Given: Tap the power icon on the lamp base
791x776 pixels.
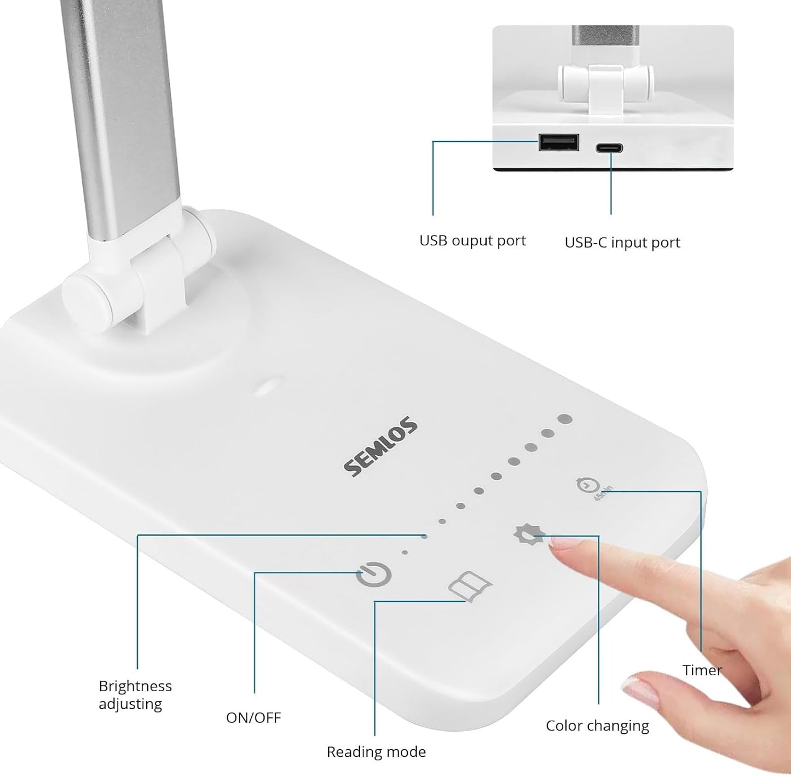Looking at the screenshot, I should click(374, 575).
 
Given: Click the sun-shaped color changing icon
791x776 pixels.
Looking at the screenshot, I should click(529, 534).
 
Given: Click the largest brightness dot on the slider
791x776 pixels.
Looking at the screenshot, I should click(565, 419).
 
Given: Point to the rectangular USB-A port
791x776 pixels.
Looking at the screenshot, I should click(559, 142).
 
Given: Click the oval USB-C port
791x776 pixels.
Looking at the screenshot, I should click(610, 148).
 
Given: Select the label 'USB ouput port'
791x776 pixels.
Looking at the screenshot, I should click(472, 241).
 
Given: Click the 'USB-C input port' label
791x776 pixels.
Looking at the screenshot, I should click(622, 243).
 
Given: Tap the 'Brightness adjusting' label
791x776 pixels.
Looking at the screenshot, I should click(135, 695).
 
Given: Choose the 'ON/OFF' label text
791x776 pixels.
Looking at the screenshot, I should click(253, 717).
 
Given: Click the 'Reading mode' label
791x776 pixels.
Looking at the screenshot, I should click(376, 752).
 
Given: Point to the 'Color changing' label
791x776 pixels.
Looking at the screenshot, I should click(597, 726).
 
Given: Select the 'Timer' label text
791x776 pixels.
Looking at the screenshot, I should click(702, 670).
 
